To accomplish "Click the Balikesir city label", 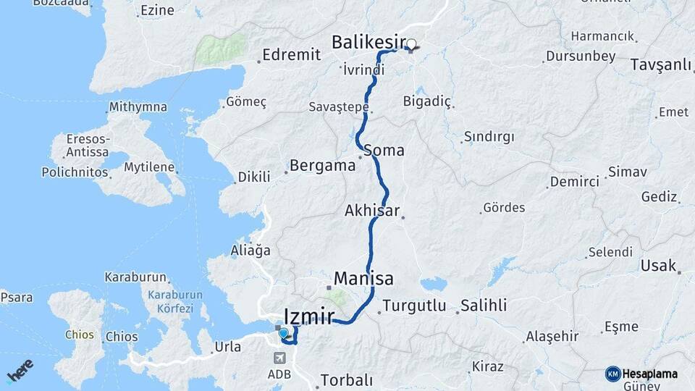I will pyautogui.click(x=368, y=42).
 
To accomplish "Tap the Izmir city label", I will pyautogui.click(x=309, y=316).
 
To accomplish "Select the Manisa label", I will pyautogui.click(x=363, y=279).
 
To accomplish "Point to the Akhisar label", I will pyautogui.click(x=372, y=211).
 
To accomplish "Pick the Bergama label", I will pyautogui.click(x=322, y=166).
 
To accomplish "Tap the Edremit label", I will pyautogui.click(x=291, y=54).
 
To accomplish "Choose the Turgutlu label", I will pyautogui.click(x=414, y=305).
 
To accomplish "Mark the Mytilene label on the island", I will pyautogui.click(x=149, y=167).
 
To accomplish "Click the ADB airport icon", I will pyautogui.click(x=280, y=358).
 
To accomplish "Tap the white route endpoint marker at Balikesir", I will pyautogui.click(x=412, y=44).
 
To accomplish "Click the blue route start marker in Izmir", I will pyautogui.click(x=284, y=334).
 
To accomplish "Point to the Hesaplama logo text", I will pyautogui.click(x=649, y=374).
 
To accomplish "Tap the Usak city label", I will pyautogui.click(x=657, y=266).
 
